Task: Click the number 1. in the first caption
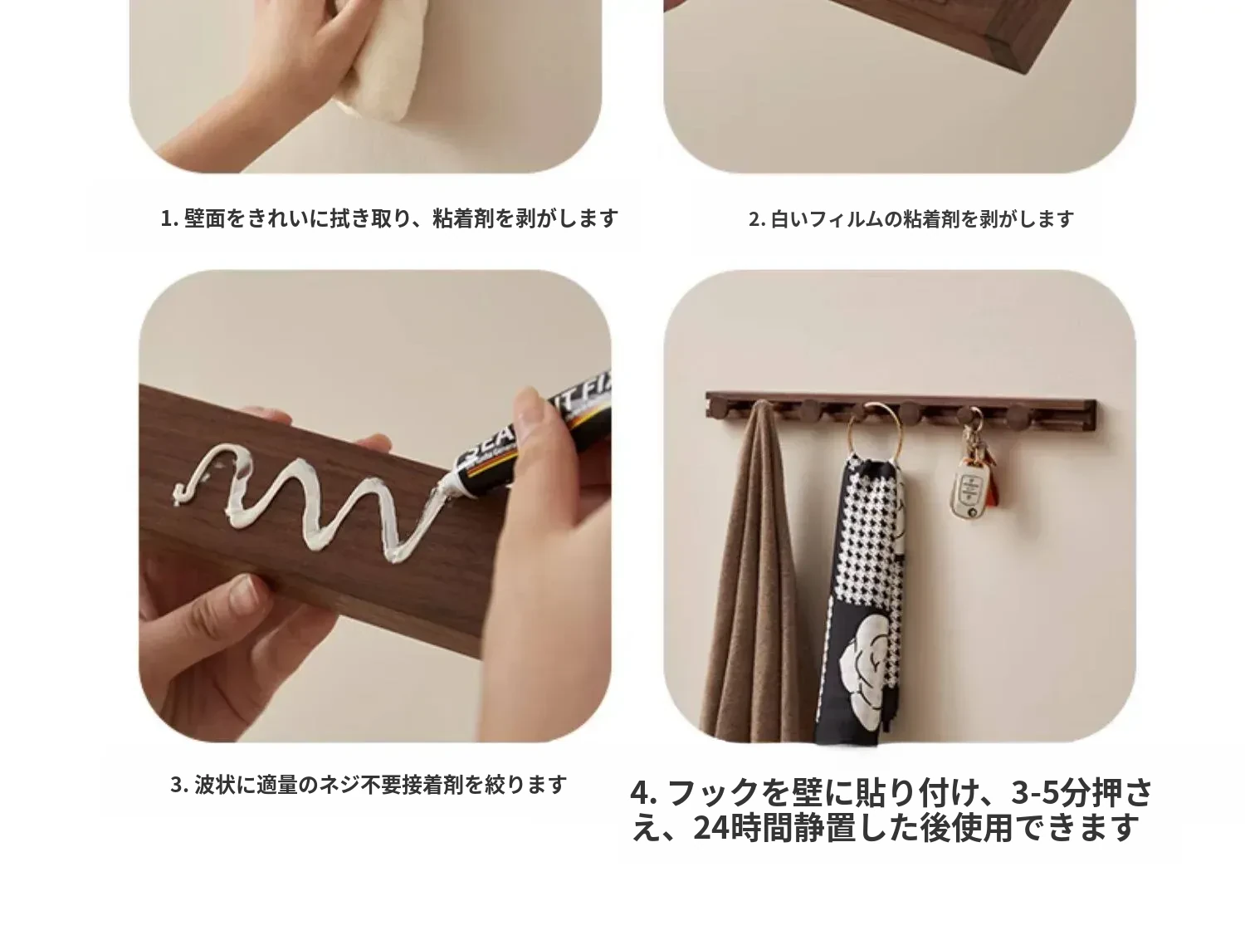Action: click(x=169, y=218)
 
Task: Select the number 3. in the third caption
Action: click(x=180, y=785)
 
